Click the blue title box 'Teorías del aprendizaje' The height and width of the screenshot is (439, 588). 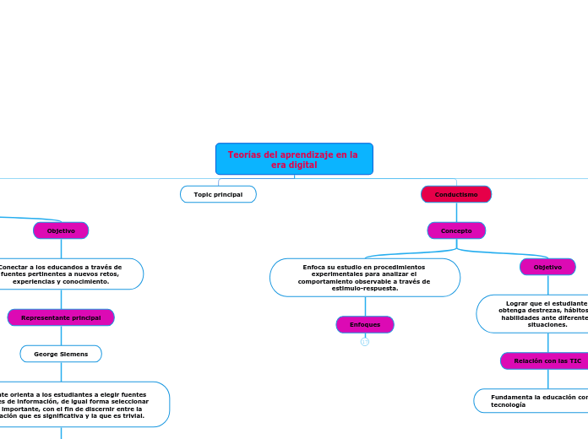pyautogui.click(x=294, y=159)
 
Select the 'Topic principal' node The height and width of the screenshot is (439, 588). pyautogui.click(x=218, y=194)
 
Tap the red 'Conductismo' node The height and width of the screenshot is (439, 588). pyautogui.click(x=456, y=194)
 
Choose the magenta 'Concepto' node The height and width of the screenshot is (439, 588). pyautogui.click(x=456, y=230)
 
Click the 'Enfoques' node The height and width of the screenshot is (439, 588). pyautogui.click(x=365, y=324)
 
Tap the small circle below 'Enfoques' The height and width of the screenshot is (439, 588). pyautogui.click(x=365, y=342)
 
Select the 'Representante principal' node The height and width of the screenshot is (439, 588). pyautogui.click(x=61, y=317)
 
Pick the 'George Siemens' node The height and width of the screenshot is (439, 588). pyautogui.click(x=61, y=354)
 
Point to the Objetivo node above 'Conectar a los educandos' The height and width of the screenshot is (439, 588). pyautogui.click(x=61, y=230)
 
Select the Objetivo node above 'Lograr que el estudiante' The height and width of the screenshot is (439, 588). pyautogui.click(x=547, y=267)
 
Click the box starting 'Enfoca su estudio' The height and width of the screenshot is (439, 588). pyautogui.click(x=365, y=278)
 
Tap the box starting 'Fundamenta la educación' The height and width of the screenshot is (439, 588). pyautogui.click(x=532, y=400)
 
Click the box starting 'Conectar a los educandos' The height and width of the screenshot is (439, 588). pyautogui.click(x=68, y=274)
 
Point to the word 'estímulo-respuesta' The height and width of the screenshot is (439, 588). pyautogui.click(x=365, y=289)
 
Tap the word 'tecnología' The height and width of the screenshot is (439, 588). pyautogui.click(x=508, y=404)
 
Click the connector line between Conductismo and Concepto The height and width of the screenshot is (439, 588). pyautogui.click(x=456, y=213)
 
